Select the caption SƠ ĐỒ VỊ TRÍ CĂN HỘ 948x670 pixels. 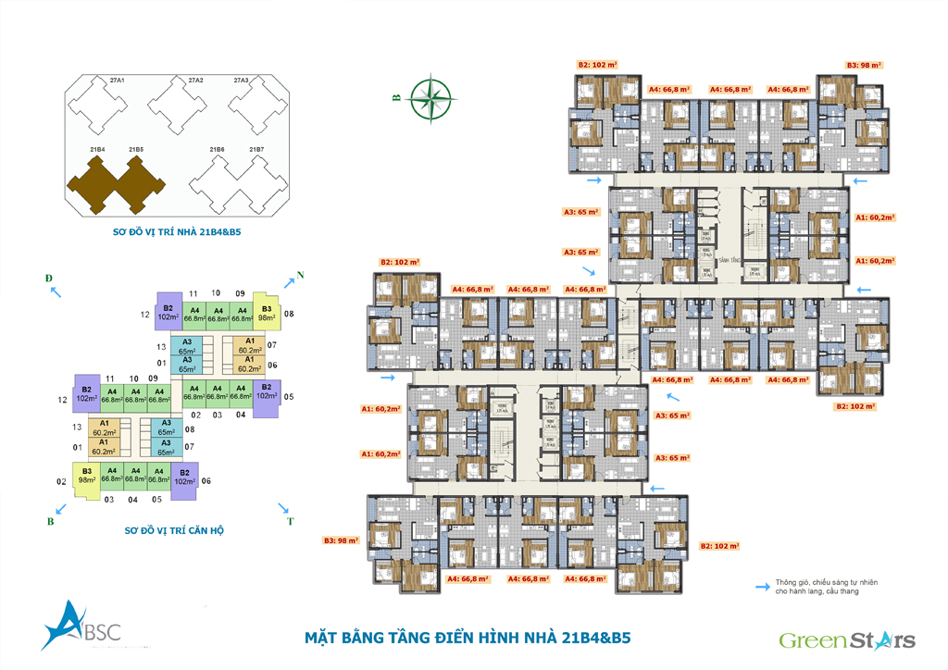click(176, 531)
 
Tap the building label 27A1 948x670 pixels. click(117, 81)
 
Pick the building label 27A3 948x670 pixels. click(242, 81)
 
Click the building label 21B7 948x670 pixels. click(256, 149)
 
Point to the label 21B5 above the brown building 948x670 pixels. click(136, 149)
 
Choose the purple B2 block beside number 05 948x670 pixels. click(266, 391)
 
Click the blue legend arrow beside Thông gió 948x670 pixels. click(763, 586)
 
